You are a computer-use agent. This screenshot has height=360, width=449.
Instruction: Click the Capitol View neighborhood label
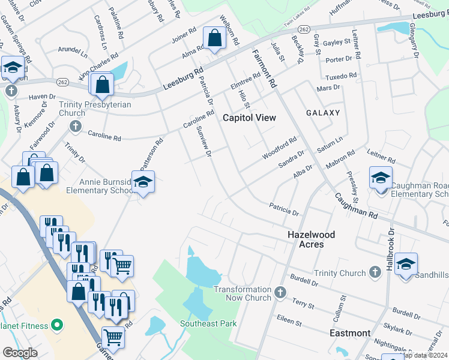coord(249,118)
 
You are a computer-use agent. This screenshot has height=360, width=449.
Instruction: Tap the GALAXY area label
coord(322,113)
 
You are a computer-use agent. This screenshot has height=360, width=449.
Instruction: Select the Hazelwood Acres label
coord(310,239)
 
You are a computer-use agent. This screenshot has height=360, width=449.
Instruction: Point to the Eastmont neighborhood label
coord(350,332)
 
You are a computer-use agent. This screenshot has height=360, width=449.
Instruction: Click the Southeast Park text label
coord(208,323)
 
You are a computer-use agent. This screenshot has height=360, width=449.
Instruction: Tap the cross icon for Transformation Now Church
coord(279,293)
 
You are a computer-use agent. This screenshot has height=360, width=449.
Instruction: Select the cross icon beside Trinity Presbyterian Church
coord(74,125)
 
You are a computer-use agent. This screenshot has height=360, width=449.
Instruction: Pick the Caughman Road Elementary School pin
coord(381,178)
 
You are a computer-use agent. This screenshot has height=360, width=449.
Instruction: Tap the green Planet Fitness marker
coord(57,326)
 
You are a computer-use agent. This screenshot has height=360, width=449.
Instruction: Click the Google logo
coord(20,353)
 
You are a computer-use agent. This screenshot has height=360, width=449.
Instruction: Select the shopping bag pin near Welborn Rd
coord(214,39)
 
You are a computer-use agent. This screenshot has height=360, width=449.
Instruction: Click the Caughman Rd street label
coord(356,205)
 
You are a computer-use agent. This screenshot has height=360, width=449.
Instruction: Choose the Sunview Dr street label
coord(204,144)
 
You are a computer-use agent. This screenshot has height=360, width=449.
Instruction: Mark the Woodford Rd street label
coord(279,149)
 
